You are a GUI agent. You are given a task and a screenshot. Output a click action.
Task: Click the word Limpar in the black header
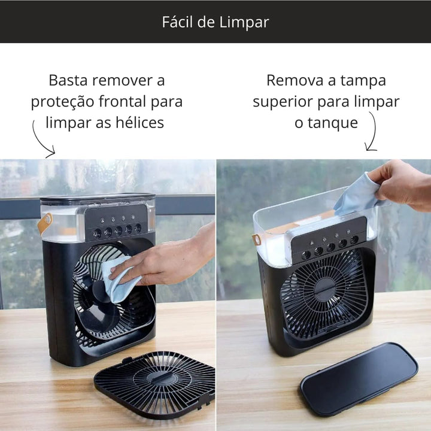[244, 23]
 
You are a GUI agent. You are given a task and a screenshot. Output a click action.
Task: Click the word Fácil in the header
[177, 22]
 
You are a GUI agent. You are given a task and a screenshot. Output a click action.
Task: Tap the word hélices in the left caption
[139, 122]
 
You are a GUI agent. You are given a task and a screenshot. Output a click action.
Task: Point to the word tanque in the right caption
[333, 123]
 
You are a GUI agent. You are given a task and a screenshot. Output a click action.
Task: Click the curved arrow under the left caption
[40, 141]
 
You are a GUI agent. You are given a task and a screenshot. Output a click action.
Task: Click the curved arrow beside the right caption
[372, 132]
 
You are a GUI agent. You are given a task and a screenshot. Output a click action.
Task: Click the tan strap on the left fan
[45, 223]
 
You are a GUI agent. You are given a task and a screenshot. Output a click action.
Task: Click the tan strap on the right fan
[257, 239]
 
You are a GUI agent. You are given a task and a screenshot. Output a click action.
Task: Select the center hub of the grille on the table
[159, 378]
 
